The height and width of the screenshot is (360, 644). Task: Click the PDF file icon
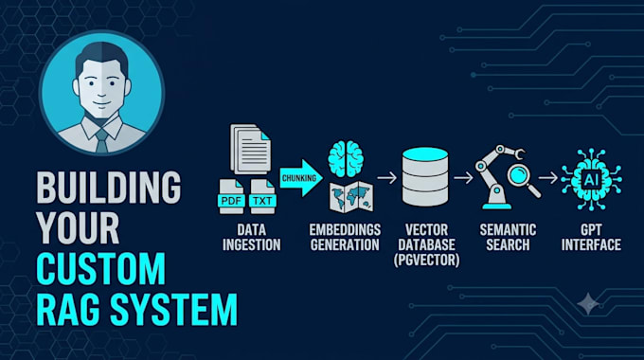pyautogui.click(x=231, y=196)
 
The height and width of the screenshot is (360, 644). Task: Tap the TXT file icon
pyautogui.click(x=262, y=196)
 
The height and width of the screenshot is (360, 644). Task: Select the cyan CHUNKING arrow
pyautogui.click(x=301, y=178)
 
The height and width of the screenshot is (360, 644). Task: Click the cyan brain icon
pyautogui.click(x=346, y=158)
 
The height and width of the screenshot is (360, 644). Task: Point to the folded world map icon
pyautogui.click(x=351, y=197)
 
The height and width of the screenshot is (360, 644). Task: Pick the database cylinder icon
pyautogui.click(x=425, y=177)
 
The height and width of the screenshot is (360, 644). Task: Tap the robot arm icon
pyautogui.click(x=496, y=177)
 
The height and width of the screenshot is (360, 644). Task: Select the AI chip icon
pyautogui.click(x=591, y=180)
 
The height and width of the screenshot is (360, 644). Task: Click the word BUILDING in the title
pyautogui.click(x=108, y=188)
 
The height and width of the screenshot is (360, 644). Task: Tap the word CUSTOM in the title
pyautogui.click(x=101, y=269)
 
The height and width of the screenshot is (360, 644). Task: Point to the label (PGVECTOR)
pyautogui.click(x=427, y=261)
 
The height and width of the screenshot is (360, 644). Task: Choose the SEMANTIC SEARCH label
pyautogui.click(x=508, y=237)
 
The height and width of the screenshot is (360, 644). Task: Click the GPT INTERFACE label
pyautogui.click(x=591, y=237)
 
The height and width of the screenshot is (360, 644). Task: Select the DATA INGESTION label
pyautogui.click(x=251, y=237)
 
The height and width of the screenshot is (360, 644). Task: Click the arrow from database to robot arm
pyautogui.click(x=463, y=177)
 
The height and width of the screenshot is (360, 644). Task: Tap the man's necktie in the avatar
pyautogui.click(x=101, y=140)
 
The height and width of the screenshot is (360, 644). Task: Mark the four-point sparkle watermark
pyautogui.click(x=588, y=304)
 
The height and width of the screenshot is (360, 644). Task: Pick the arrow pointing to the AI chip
pyautogui.click(x=548, y=177)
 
